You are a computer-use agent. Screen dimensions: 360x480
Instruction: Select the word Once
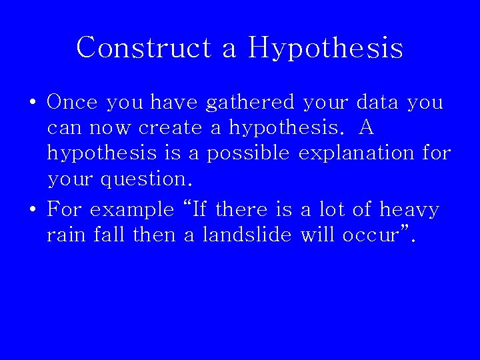point(72,102)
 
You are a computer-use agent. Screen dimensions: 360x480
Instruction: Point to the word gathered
point(250,103)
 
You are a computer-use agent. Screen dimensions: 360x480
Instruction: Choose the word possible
point(248,154)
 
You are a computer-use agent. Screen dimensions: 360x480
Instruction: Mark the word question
point(146,179)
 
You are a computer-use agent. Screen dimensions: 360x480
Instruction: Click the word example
point(131,211)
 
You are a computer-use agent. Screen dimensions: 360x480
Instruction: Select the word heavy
point(409,211)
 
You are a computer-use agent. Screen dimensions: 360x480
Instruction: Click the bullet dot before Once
point(33,103)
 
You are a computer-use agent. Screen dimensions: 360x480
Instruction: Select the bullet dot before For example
point(33,211)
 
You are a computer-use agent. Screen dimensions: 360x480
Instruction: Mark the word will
point(317,235)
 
